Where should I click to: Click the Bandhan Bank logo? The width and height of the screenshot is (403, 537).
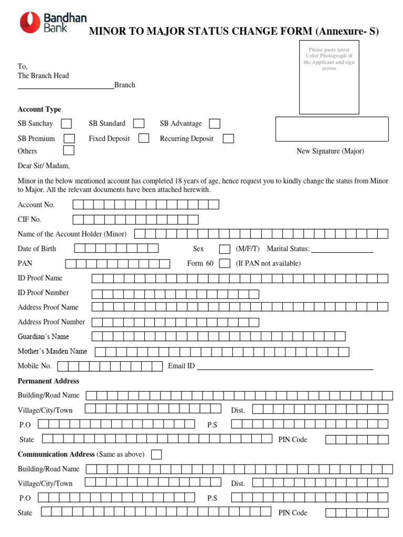point(46,24)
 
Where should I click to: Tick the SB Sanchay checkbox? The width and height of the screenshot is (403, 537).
point(67,124)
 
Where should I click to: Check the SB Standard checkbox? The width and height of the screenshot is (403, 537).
point(139,124)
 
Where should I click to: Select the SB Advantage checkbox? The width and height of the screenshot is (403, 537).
point(215,124)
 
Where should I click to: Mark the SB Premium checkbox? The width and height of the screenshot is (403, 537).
point(69,138)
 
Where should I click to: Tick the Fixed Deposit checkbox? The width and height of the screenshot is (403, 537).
point(143,138)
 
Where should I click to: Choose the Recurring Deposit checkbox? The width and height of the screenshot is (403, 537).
point(228,139)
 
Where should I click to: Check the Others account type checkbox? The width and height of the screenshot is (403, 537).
point(68,151)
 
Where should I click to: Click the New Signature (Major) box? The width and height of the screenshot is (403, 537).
point(332,129)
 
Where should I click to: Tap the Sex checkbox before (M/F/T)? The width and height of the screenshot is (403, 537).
point(224,249)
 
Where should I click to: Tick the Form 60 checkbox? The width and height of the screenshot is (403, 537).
point(224,263)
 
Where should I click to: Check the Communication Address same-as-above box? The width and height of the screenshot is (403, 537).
point(156,454)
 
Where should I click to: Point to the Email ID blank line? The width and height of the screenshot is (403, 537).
point(285,369)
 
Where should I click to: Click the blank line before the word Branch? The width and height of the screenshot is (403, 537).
point(66,88)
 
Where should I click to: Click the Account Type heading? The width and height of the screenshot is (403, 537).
point(39,110)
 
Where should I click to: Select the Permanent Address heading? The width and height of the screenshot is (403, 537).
point(48,381)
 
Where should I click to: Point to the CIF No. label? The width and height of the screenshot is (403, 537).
point(29,219)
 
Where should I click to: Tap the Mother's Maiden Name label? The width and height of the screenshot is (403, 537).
point(52,351)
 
